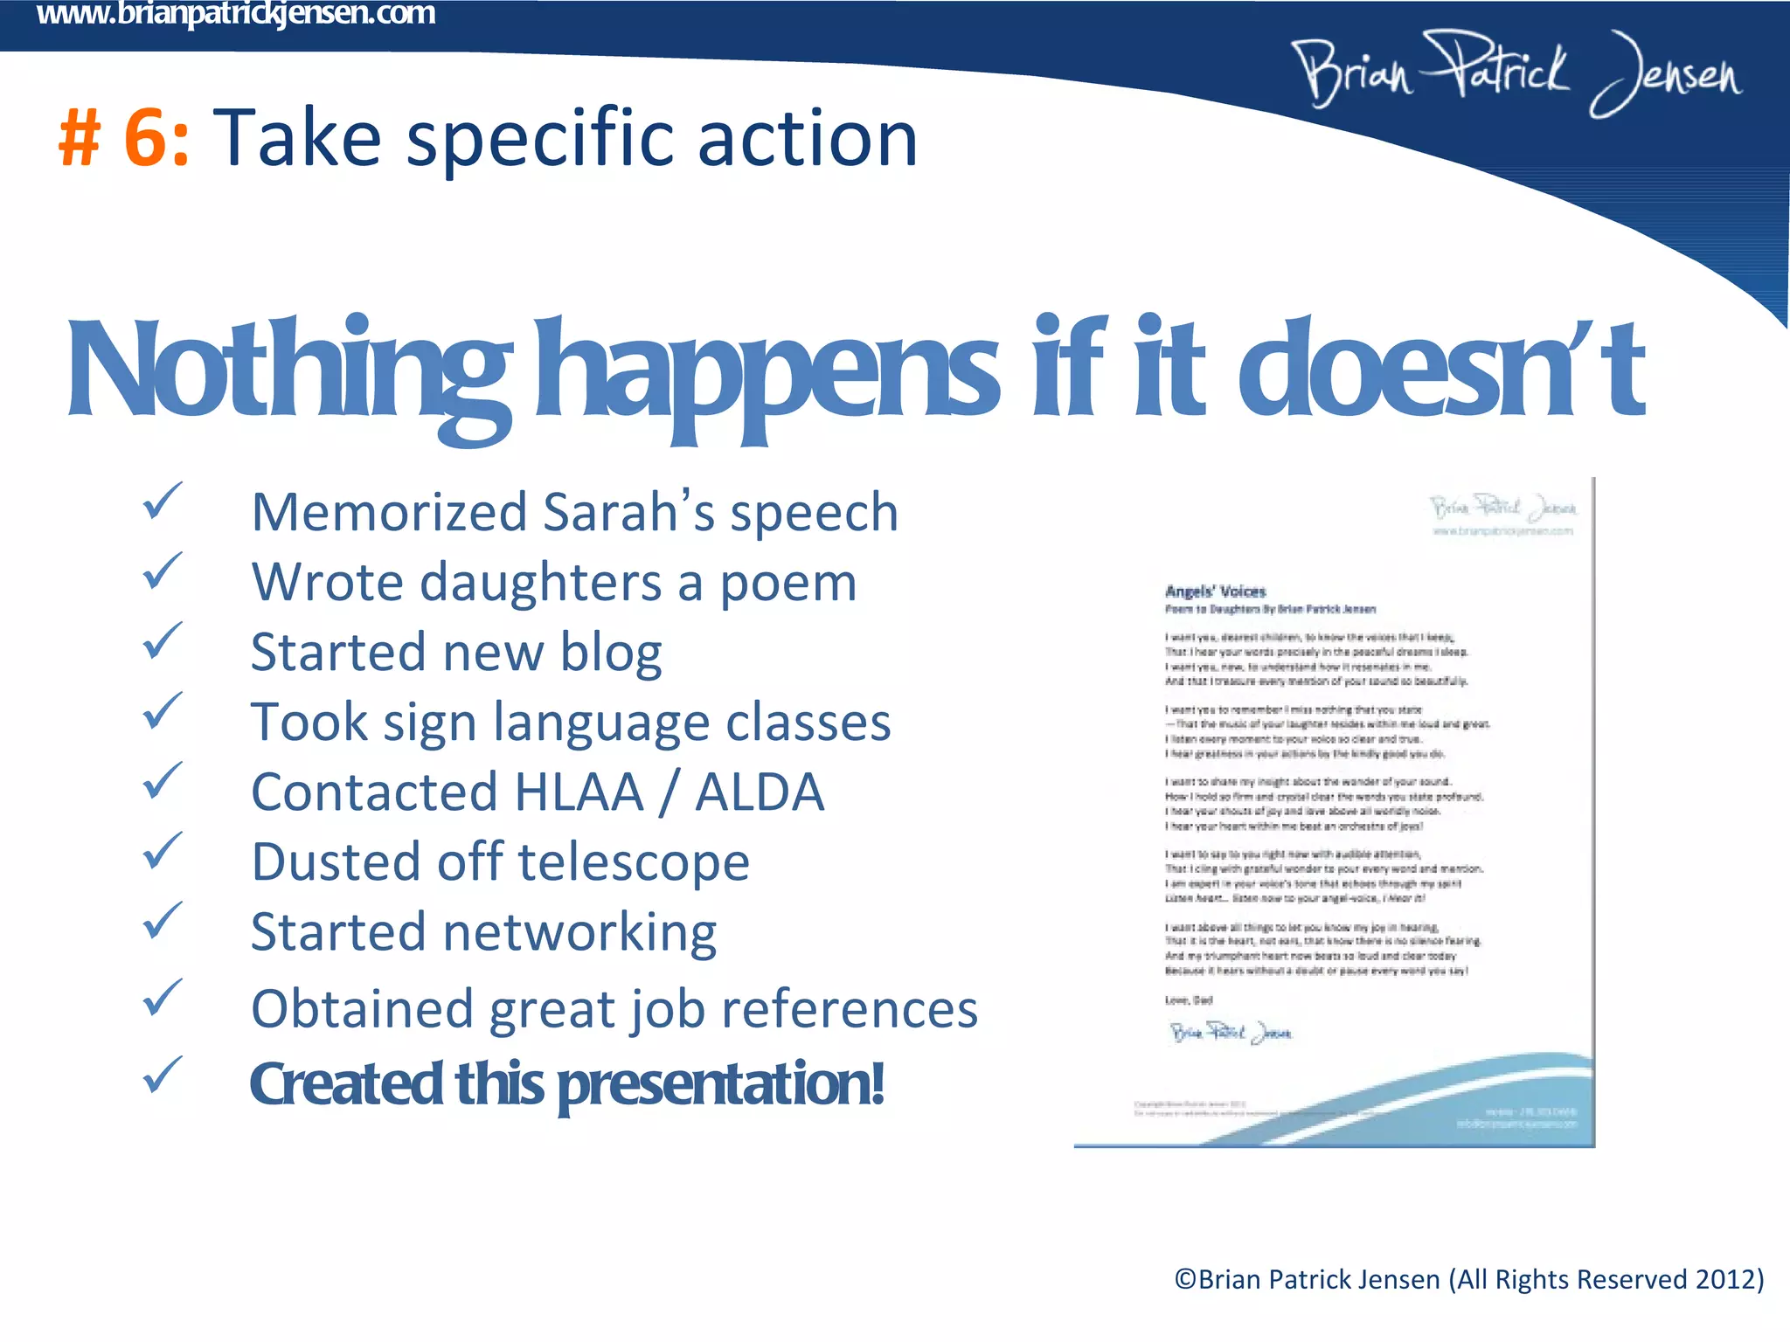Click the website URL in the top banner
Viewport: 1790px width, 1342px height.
click(x=236, y=14)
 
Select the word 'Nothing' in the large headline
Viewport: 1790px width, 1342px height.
click(x=288, y=371)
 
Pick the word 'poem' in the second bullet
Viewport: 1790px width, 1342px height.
click(x=787, y=584)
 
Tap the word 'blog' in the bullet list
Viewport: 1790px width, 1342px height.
click(x=611, y=654)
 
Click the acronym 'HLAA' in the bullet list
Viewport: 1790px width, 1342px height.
click(x=579, y=792)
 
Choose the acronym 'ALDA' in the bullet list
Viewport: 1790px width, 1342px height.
click(x=760, y=792)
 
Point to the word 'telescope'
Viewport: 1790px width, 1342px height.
click(x=634, y=863)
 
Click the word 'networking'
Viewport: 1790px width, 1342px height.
click(x=580, y=933)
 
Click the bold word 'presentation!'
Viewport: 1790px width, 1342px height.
click(x=721, y=1084)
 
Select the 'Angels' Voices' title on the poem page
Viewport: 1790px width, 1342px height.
click(x=1215, y=591)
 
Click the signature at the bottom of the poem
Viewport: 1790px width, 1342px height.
click(x=1230, y=1033)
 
